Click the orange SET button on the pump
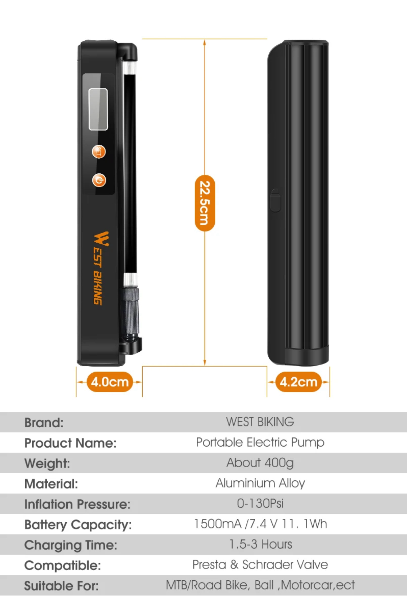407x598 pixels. pyautogui.click(x=99, y=152)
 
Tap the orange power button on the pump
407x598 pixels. pyautogui.click(x=99, y=180)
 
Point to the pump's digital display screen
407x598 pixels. pyautogui.click(x=98, y=109)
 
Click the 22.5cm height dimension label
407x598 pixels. pyautogui.click(x=205, y=203)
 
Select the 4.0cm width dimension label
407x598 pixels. pyautogui.click(x=110, y=382)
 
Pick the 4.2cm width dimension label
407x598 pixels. pyautogui.click(x=298, y=382)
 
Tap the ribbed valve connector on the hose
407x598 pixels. pyautogui.click(x=131, y=310)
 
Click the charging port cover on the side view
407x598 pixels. pyautogui.click(x=275, y=200)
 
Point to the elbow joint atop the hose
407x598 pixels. pyautogui.click(x=129, y=52)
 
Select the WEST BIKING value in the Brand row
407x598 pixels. pyautogui.click(x=260, y=422)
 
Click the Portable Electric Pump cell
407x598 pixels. pyautogui.click(x=260, y=442)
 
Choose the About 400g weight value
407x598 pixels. pyautogui.click(x=260, y=463)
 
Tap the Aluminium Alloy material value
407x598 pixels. pyautogui.click(x=260, y=483)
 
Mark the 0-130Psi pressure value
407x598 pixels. pyautogui.click(x=260, y=503)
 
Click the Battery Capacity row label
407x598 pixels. pyautogui.click(x=78, y=524)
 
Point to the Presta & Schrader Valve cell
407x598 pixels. pyautogui.click(x=260, y=565)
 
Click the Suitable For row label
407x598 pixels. pyautogui.click(x=61, y=586)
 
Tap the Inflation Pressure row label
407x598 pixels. pyautogui.click(x=77, y=504)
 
